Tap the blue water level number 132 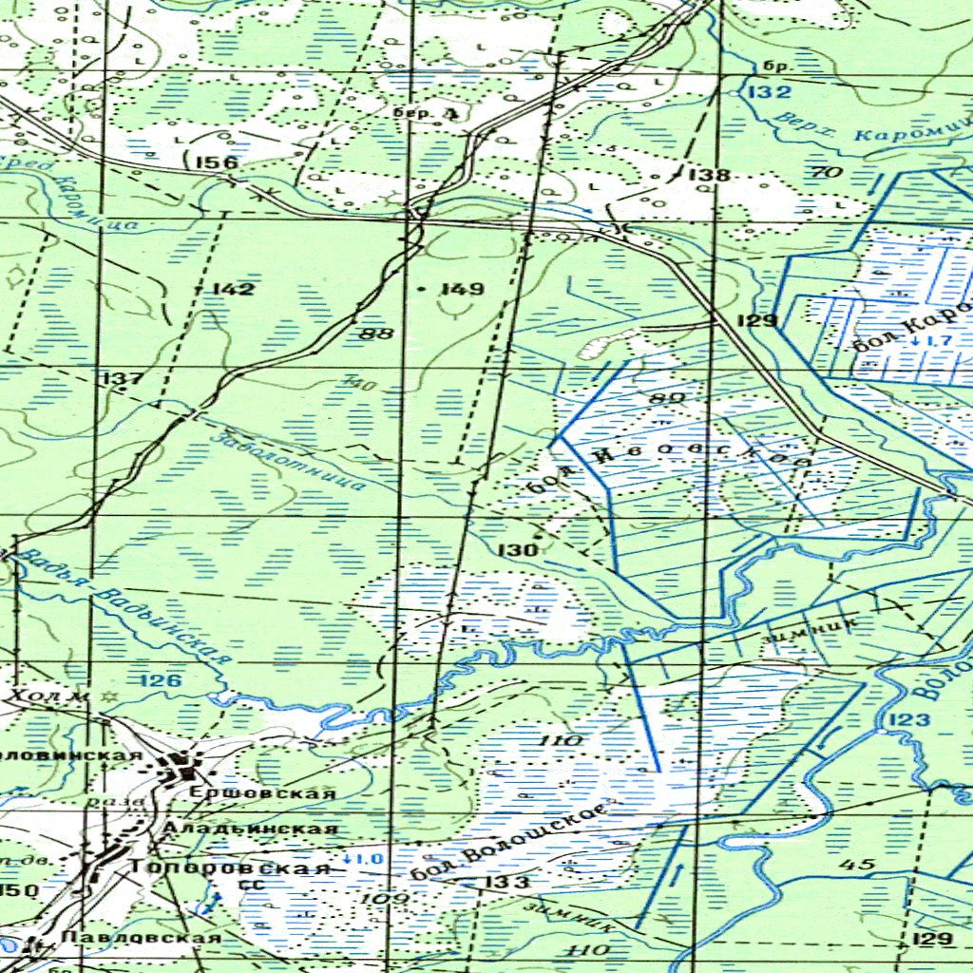coord(768,92)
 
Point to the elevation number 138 coord(709,175)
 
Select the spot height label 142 coord(233,289)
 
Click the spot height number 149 coord(463,289)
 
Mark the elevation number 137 coord(122,380)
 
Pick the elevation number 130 coord(518,550)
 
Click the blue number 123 coord(909,721)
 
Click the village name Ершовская coord(262,792)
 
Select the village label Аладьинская coord(250,829)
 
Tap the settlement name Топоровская coord(231,868)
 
